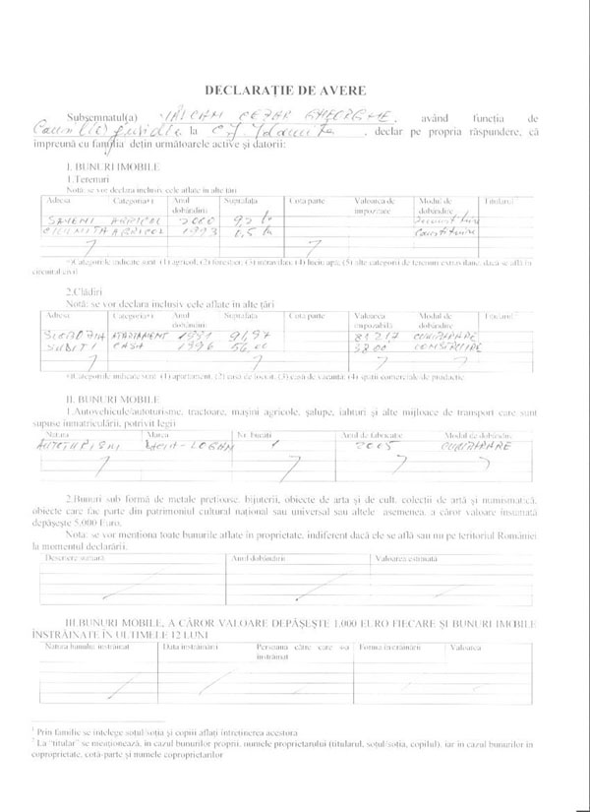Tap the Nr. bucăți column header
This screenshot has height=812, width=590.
coord(254,433)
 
